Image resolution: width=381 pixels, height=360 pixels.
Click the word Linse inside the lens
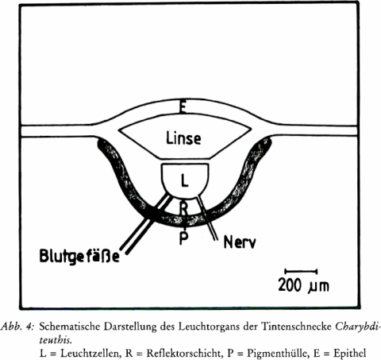pos(183,138)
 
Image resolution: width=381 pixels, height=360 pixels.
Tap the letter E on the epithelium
pos(182,106)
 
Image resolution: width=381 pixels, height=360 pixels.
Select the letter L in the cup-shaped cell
pos(185,181)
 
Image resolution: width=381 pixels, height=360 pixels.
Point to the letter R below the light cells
pos(184,208)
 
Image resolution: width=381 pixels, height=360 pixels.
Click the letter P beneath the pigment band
pos(184,238)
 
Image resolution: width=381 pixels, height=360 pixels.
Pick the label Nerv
pos(240,242)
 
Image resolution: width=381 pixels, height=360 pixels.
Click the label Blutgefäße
pos(79,255)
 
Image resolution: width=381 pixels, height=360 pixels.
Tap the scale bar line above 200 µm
pos(301,271)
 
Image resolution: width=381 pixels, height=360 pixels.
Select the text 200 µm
pos(304,285)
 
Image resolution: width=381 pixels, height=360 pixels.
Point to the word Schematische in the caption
pos(70,327)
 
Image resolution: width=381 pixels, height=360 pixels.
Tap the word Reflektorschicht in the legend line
pos(183,353)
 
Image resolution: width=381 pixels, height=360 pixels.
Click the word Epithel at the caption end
pos(350,353)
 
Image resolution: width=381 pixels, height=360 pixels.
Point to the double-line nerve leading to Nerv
pos(207,217)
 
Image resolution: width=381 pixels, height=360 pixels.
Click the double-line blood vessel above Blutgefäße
pos(145,223)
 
